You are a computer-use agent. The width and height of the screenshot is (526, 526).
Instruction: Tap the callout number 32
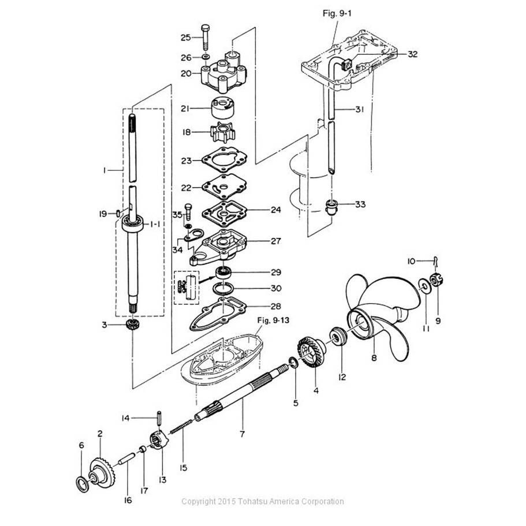(412, 54)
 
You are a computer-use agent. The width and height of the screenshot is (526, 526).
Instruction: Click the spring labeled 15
(183, 434)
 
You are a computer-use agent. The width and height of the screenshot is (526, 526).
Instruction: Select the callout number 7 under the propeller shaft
(243, 433)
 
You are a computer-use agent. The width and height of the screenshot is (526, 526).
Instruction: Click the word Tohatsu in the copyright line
(249, 501)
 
